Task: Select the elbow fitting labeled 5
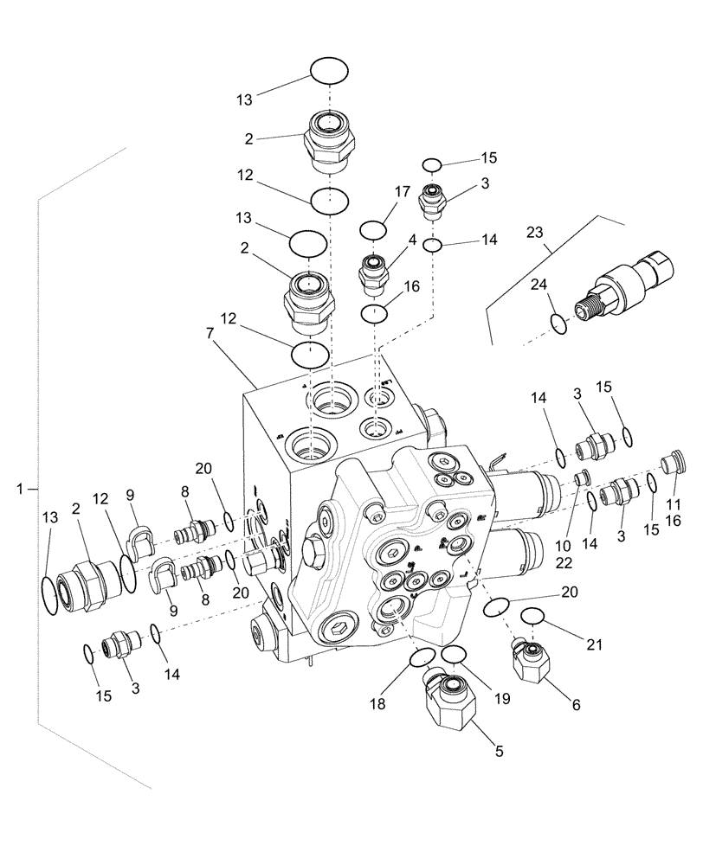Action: point(450,705)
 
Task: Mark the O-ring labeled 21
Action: point(532,616)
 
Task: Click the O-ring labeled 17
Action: point(372,230)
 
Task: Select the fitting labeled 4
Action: point(373,272)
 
